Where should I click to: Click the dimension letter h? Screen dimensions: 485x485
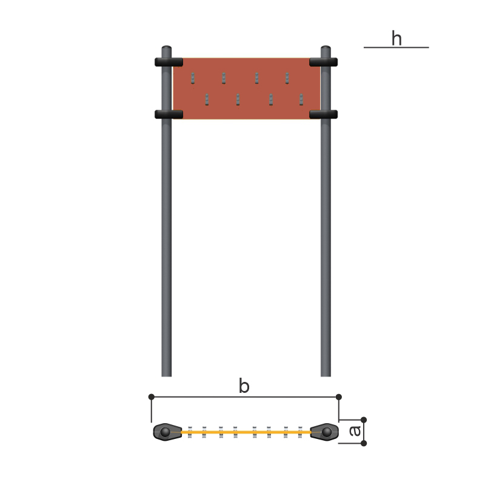(x=396, y=38)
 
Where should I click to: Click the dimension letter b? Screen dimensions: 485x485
(x=244, y=386)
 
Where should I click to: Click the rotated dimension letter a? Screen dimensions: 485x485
(x=355, y=431)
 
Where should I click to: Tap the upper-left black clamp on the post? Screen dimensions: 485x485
(x=169, y=62)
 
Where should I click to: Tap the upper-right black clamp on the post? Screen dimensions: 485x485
(x=323, y=62)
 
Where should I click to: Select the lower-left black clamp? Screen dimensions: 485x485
(x=169, y=115)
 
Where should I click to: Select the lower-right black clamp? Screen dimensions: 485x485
(x=323, y=115)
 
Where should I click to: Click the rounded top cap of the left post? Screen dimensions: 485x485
(x=166, y=48)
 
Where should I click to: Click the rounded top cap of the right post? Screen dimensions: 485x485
(x=326, y=48)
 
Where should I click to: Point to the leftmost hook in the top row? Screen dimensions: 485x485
(x=193, y=78)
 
